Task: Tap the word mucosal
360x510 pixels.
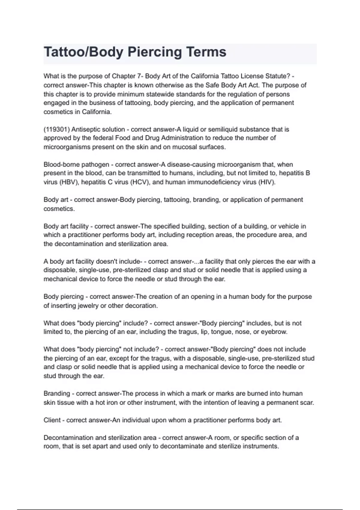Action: [x=181, y=147]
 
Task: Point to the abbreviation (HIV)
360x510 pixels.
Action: [x=266, y=182]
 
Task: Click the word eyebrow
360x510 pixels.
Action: [x=274, y=332]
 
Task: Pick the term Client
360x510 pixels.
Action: [x=52, y=420]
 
